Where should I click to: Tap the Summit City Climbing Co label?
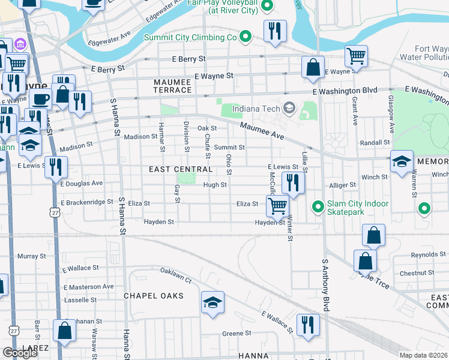[x=191, y=37]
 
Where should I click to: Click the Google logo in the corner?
[x=20, y=353]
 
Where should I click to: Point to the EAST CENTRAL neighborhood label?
[x=181, y=170]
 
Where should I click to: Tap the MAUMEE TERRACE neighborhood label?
[x=173, y=85]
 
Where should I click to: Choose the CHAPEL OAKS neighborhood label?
[x=153, y=296]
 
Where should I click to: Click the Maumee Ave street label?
[x=262, y=131]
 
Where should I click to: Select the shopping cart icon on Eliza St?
[x=277, y=206]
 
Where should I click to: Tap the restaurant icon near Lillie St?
[x=292, y=183]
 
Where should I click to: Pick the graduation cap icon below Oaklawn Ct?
[x=212, y=303]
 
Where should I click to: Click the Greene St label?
[x=236, y=333]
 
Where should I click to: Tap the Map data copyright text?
[x=424, y=355]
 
